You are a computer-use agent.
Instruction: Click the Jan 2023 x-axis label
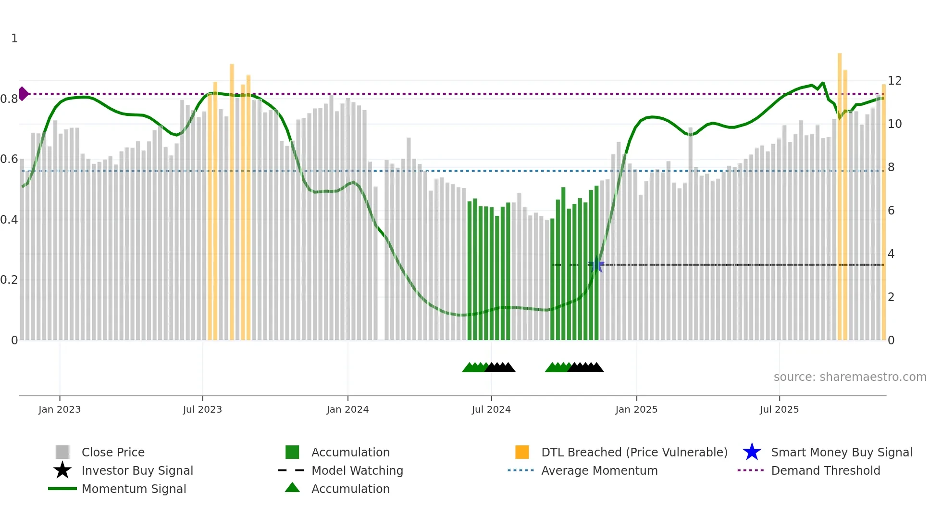pyautogui.click(x=60, y=409)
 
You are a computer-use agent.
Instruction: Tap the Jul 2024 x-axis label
pyautogui.click(x=491, y=409)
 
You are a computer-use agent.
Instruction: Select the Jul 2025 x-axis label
pyautogui.click(x=779, y=409)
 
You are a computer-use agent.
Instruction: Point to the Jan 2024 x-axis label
pyautogui.click(x=347, y=409)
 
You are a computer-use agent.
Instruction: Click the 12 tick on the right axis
pyautogui.click(x=894, y=81)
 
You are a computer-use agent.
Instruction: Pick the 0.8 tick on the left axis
pyautogui.click(x=9, y=99)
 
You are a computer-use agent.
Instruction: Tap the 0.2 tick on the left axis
pyautogui.click(x=9, y=280)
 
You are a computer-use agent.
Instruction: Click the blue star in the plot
pyautogui.click(x=596, y=265)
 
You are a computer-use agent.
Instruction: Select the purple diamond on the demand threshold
pyautogui.click(x=23, y=94)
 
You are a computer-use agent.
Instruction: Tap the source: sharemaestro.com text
pyautogui.click(x=850, y=377)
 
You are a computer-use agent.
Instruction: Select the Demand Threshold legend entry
pyautogui.click(x=825, y=470)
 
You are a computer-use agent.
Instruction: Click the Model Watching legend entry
pyautogui.click(x=357, y=470)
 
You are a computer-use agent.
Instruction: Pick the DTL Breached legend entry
pyautogui.click(x=634, y=452)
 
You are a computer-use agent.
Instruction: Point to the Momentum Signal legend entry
pyautogui.click(x=134, y=489)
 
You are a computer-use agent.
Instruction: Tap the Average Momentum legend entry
pyautogui.click(x=599, y=470)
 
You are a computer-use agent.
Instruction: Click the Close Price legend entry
pyautogui.click(x=113, y=452)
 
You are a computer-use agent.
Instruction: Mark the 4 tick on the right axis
pyautogui.click(x=891, y=254)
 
